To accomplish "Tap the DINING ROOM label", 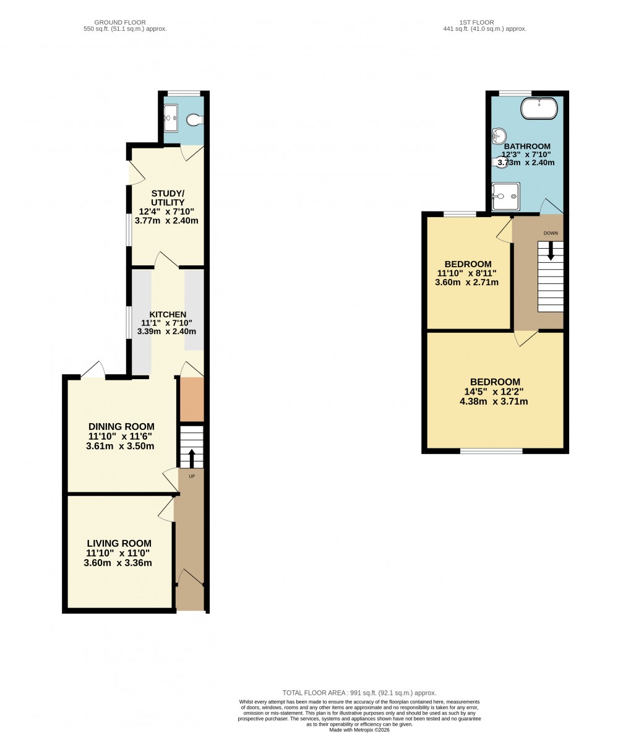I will pos(121,427).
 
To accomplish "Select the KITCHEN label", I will pos(168,315).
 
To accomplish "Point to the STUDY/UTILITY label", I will pos(168,197).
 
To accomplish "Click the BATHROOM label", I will pos(526,147).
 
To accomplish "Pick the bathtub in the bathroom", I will pos(539,109).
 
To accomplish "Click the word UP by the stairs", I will pos(191,476).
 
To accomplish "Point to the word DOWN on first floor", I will pos(551,233).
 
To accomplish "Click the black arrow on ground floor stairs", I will pos(191,458).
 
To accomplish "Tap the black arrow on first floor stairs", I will pos(551,251).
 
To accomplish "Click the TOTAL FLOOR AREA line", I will pos(359,693).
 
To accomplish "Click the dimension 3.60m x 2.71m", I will pos(467,283).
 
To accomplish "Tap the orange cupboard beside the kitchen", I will pos(191,399).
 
